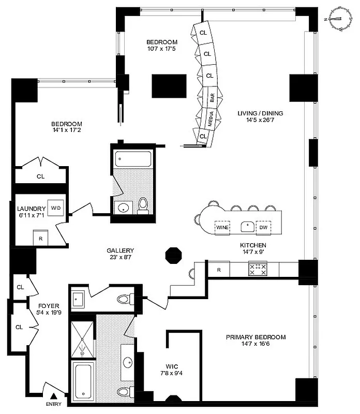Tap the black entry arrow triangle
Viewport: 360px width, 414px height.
[x=53, y=396]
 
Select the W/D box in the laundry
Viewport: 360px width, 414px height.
[x=55, y=208]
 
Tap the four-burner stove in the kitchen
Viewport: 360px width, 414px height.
[x=258, y=269]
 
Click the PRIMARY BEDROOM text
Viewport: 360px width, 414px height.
[x=256, y=337]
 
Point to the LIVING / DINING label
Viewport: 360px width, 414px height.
[x=260, y=113]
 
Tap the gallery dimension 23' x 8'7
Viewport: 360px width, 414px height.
[x=121, y=257]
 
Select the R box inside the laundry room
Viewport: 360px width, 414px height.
[x=39, y=239]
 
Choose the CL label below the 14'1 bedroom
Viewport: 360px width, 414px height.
[x=40, y=176]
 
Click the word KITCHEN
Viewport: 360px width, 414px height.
[x=253, y=245]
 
